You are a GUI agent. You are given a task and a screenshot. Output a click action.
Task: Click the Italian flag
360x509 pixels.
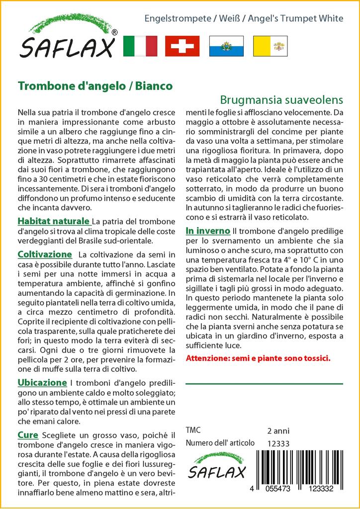pyautogui.click(x=140, y=46)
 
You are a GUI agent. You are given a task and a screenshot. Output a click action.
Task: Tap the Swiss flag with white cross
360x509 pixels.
pyautogui.click(x=182, y=46)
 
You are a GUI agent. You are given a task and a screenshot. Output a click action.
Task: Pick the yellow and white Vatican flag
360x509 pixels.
pyautogui.click(x=270, y=46)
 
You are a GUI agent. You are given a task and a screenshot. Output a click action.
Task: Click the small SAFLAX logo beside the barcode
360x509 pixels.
pyautogui.click(x=217, y=466)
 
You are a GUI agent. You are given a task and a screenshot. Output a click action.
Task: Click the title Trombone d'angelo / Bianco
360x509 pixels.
pyautogui.click(x=95, y=85)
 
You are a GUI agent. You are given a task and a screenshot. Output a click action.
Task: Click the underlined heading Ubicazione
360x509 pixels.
pyautogui.click(x=42, y=383)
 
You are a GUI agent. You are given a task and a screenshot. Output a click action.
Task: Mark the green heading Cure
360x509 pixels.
pyautogui.click(x=28, y=435)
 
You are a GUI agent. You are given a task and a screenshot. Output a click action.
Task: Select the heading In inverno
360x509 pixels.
pyautogui.click(x=208, y=231)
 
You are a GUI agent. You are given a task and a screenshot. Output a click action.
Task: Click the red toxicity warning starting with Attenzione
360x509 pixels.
pyautogui.click(x=258, y=358)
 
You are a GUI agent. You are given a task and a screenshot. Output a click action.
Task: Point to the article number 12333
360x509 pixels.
pyautogui.click(x=278, y=444)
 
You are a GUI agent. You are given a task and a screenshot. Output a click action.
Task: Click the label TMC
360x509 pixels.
pyautogui.click(x=194, y=430)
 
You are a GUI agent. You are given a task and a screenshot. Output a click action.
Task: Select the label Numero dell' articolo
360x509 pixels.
pyautogui.click(x=220, y=443)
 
